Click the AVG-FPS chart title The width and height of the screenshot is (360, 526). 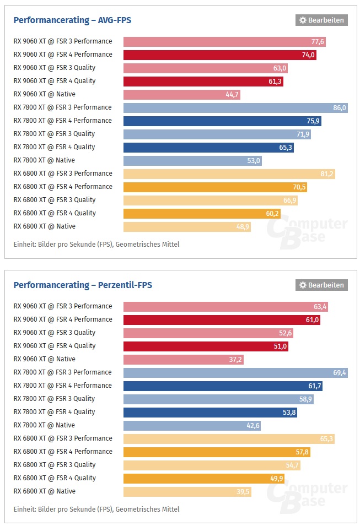coord(72,20)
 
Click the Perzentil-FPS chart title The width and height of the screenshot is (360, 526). coord(83,285)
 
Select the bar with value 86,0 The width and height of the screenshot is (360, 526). coord(235,108)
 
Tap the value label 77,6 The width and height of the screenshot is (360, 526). coord(318,42)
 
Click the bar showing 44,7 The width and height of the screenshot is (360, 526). coord(182,95)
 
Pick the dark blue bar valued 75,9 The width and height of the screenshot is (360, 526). coord(222,121)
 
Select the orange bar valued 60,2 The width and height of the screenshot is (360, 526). coord(202,214)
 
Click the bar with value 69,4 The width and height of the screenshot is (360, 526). coord(235,373)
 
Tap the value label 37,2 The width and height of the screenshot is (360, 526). coord(234,360)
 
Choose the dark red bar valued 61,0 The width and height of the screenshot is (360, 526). coord(222,320)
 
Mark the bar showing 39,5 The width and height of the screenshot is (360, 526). coord(187,492)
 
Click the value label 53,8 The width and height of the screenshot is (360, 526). coord(288,413)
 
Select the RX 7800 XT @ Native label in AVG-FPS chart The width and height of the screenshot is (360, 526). coord(44,160)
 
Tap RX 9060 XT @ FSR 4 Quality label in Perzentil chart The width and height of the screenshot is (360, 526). coord(55,346)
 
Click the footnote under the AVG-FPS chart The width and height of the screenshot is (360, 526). coord(96,244)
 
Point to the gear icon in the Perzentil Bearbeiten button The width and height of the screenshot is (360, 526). coord(303,285)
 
